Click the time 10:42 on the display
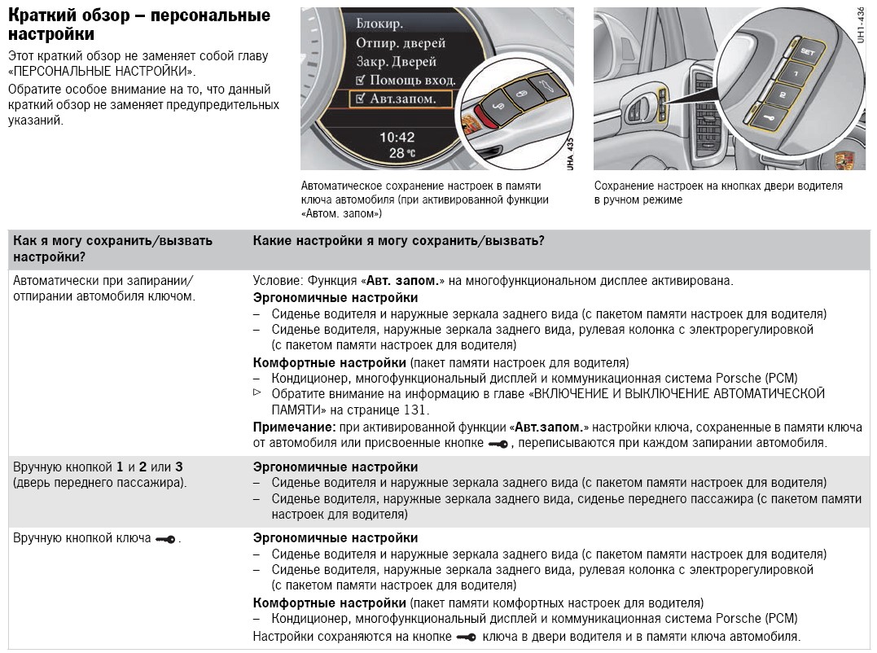pos(397,137)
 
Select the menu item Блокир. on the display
pos(379,24)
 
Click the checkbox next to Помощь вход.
pos(361,80)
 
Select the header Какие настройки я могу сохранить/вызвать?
pos(398,240)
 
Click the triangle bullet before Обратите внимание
pos(258,392)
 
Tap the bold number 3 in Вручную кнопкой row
pos(178,467)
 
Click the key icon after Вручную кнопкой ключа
pos(165,539)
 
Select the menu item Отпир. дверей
pos(401,42)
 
